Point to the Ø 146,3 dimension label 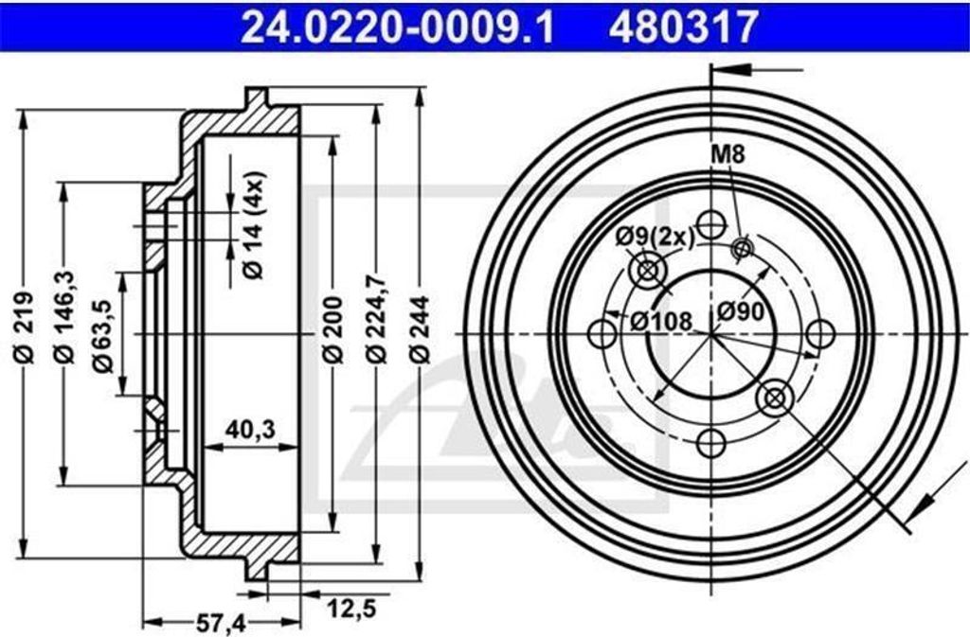point(66,316)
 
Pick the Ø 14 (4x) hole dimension point(253,224)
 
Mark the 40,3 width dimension point(250,430)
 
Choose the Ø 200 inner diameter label point(333,329)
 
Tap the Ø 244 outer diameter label point(420,328)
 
